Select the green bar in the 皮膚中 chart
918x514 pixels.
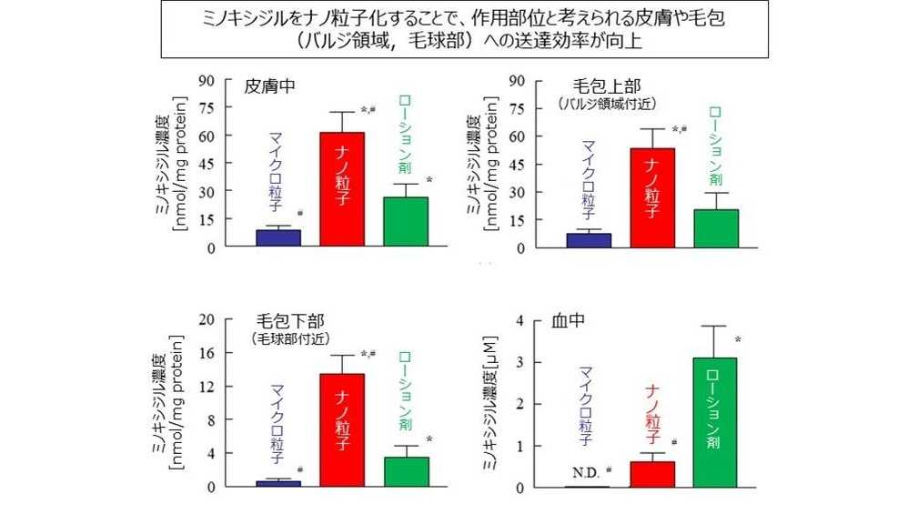point(405,222)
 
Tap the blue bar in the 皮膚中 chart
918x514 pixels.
point(278,237)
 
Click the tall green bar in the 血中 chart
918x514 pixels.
point(715,422)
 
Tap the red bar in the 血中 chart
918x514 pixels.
point(652,474)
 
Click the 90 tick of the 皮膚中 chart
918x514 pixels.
point(207,80)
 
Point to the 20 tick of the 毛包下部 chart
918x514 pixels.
point(207,319)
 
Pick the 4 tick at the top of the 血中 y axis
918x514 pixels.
point(520,320)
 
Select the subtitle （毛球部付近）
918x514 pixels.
point(289,338)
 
